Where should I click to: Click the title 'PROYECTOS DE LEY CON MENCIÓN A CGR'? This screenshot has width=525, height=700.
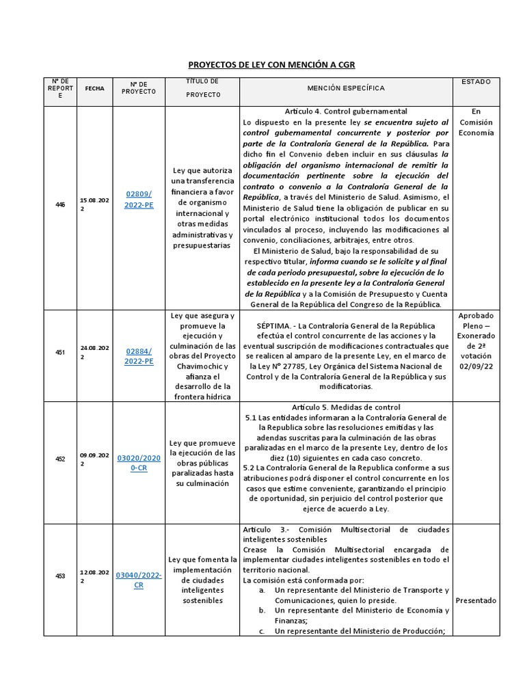pyautogui.click(x=271, y=65)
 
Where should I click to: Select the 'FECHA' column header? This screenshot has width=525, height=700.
pyautogui.click(x=94, y=89)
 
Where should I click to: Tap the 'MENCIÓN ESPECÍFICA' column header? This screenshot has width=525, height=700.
pyautogui.click(x=346, y=89)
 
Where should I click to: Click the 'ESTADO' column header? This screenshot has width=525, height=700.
pyautogui.click(x=476, y=82)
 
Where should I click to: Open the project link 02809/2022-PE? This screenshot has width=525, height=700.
pyautogui.click(x=139, y=199)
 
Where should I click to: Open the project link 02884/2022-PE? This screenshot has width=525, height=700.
pyautogui.click(x=139, y=356)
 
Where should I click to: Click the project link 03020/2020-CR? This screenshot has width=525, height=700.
pyautogui.click(x=139, y=463)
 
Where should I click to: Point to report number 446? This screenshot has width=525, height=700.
pyautogui.click(x=60, y=205)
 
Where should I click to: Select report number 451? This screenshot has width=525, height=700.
pyautogui.click(x=60, y=353)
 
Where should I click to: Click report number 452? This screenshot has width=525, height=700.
pyautogui.click(x=60, y=459)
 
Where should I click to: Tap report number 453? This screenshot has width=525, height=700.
pyautogui.click(x=60, y=576)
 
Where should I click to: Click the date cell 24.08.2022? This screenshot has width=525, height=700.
pyautogui.click(x=94, y=352)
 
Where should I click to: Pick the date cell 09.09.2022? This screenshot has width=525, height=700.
pyautogui.click(x=94, y=459)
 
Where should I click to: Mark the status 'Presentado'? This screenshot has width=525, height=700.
pyautogui.click(x=476, y=600)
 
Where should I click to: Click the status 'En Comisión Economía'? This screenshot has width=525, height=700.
pyautogui.click(x=476, y=122)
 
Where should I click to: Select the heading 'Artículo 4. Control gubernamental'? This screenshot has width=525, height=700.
pyautogui.click(x=346, y=111)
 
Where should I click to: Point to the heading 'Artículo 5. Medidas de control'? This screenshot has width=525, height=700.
pyautogui.click(x=346, y=407)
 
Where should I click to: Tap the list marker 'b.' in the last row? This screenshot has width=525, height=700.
pyautogui.click(x=262, y=610)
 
